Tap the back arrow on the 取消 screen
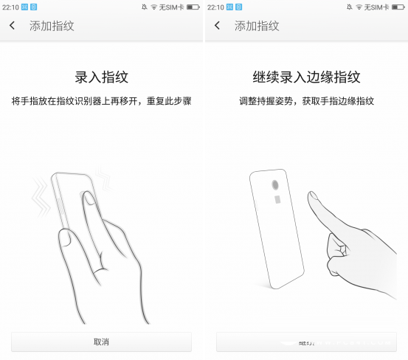13,26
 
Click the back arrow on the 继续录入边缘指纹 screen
218,26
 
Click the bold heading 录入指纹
101,77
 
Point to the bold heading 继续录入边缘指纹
306,77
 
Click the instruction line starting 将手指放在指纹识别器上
101,100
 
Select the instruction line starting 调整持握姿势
306,100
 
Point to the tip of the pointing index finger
313,197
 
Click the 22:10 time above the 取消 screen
10,7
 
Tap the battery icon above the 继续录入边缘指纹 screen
397,7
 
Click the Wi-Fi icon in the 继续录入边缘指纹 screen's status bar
359,7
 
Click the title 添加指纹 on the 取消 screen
52,26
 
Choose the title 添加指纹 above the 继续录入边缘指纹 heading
257,26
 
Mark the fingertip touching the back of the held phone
87,198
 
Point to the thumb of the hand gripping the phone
65,238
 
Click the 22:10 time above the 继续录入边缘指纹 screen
215,7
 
